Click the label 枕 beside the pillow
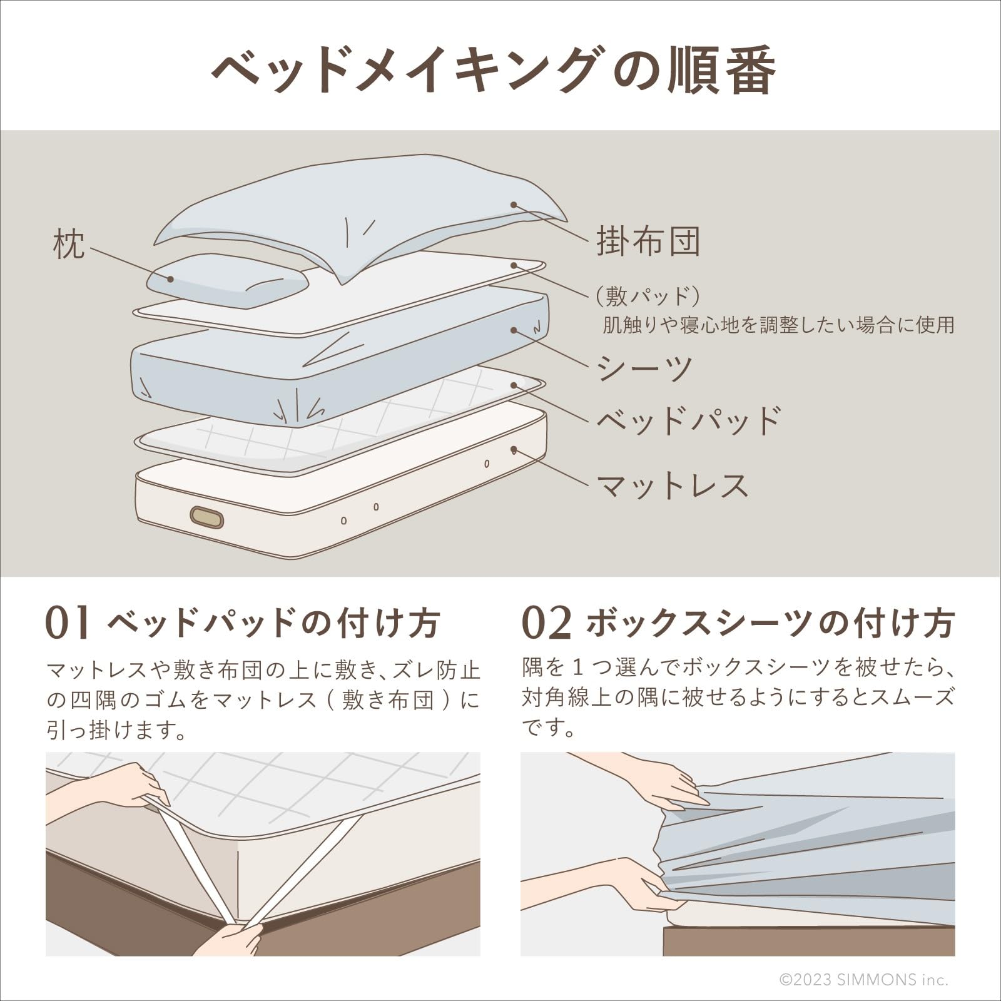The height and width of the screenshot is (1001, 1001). click(69, 244)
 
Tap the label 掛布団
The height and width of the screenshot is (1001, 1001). click(648, 241)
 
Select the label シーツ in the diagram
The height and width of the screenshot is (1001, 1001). click(644, 368)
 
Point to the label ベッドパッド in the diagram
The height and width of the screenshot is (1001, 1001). click(688, 421)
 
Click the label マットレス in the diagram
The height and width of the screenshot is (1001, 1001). click(673, 485)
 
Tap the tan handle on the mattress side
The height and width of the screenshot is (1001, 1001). click(207, 517)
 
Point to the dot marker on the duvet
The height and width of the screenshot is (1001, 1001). click(513, 205)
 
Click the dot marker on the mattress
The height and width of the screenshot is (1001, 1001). click(514, 449)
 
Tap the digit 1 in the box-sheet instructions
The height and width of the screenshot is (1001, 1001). click(578, 668)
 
